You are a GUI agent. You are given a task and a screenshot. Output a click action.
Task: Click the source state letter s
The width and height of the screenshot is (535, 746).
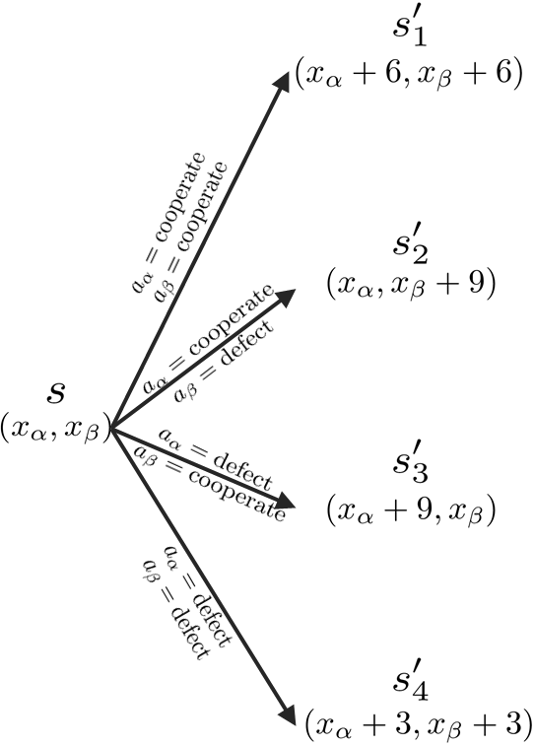tap(56, 392)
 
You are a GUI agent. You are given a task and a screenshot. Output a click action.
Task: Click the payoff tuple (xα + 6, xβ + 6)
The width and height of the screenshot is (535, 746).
tap(407, 75)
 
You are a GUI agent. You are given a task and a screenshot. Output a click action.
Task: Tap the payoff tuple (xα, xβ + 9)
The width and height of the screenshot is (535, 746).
tap(410, 285)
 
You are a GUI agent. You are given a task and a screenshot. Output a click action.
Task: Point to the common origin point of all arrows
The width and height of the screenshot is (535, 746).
tap(111, 428)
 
